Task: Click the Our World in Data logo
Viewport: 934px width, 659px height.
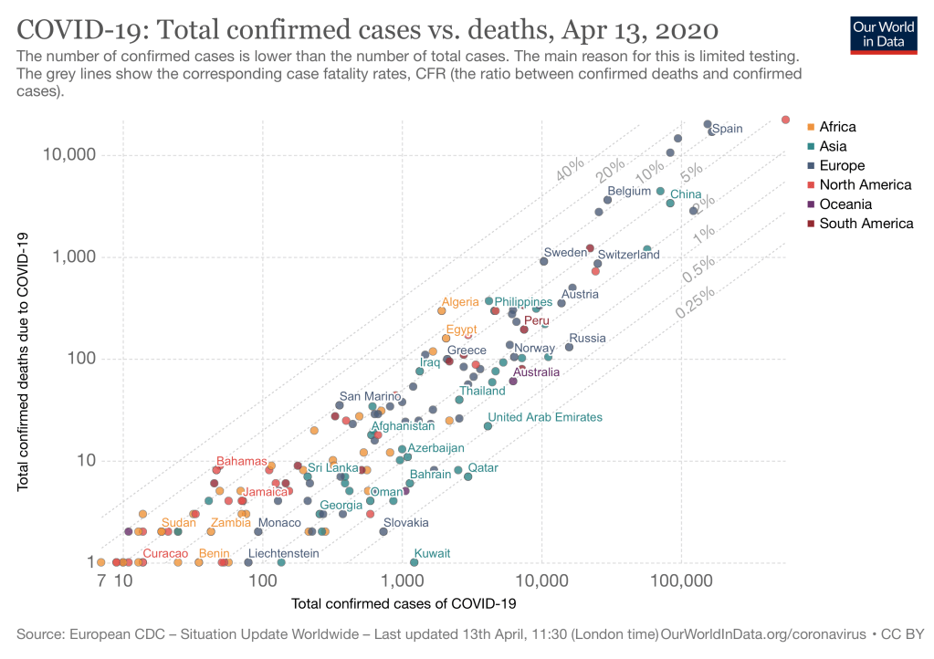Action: pos(883,34)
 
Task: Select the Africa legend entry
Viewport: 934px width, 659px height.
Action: pos(837,127)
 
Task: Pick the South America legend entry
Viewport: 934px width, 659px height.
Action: pos(866,224)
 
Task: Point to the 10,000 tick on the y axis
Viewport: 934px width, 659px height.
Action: pos(69,155)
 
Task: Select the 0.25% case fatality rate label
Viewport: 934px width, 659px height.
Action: pos(697,300)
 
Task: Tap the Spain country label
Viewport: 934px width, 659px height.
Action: pos(728,129)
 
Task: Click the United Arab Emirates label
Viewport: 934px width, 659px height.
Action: pos(546,417)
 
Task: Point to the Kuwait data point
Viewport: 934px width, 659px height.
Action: pos(415,562)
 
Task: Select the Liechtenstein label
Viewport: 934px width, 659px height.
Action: pos(283,553)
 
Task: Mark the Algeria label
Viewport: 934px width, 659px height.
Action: pos(460,302)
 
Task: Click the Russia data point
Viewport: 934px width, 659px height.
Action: pos(569,347)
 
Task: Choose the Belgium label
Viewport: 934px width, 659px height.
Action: pos(629,191)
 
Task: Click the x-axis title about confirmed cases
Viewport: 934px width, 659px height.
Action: pos(404,603)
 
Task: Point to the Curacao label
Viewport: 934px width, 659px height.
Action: pos(165,553)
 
